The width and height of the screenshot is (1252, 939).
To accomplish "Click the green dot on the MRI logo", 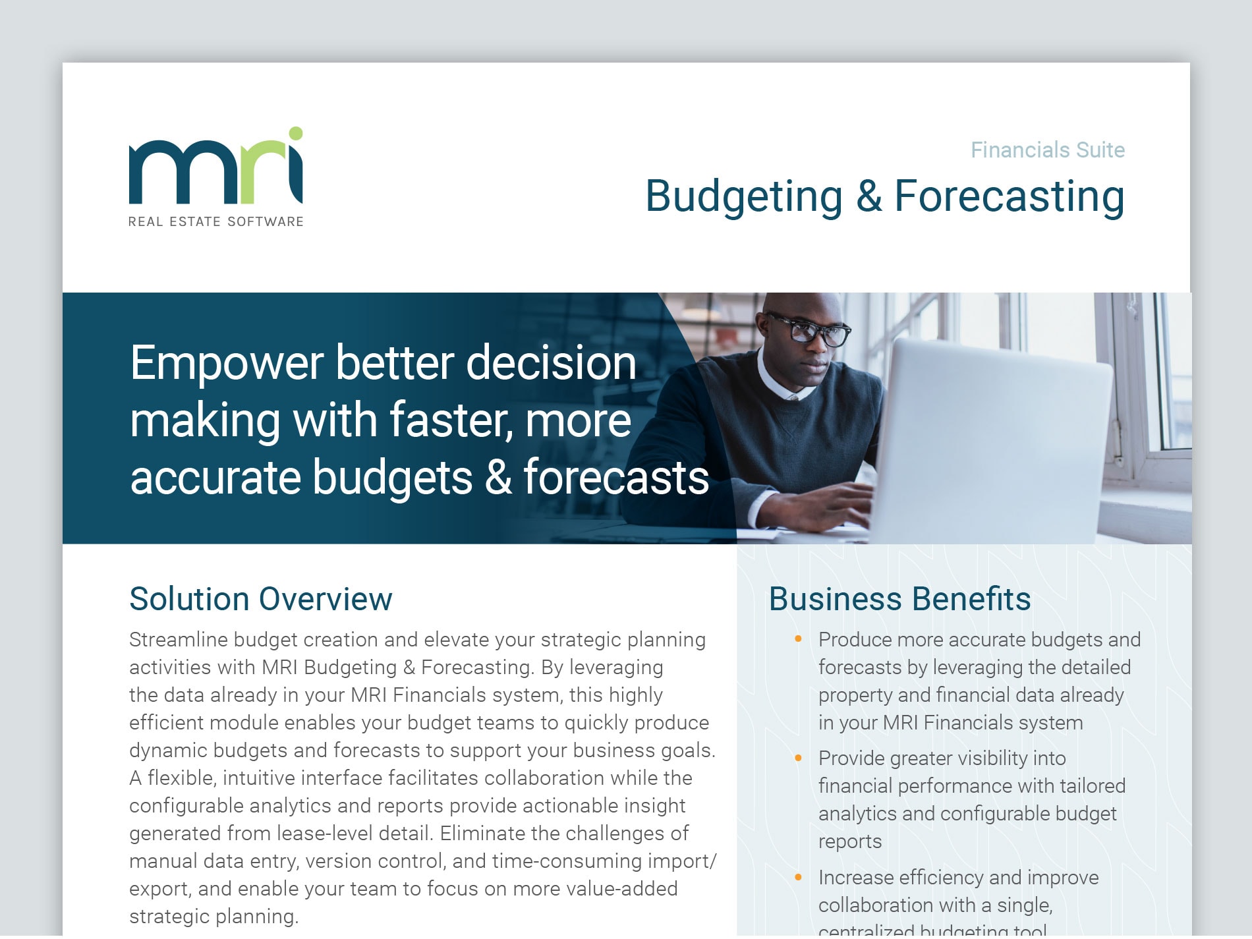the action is tap(296, 134).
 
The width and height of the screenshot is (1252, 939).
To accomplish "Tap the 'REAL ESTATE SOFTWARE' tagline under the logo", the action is tap(216, 222).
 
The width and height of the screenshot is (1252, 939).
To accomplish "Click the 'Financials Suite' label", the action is tap(1048, 150).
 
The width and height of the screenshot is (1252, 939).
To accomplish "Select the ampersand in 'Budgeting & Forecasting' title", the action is tap(869, 196).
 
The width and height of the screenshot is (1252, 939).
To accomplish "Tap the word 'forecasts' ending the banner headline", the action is tap(616, 477).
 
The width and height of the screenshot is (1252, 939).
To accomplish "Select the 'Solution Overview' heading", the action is tap(261, 599).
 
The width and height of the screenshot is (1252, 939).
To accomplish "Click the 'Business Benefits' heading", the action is tap(899, 599).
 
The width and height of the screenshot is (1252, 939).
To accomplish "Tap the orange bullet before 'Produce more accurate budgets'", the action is tap(799, 639).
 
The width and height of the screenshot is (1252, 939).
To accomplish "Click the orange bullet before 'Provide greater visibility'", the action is tap(799, 758).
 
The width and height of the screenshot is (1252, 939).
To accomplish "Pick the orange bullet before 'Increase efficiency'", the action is tap(799, 877).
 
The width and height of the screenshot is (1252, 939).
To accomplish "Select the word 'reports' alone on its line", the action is tap(850, 842).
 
